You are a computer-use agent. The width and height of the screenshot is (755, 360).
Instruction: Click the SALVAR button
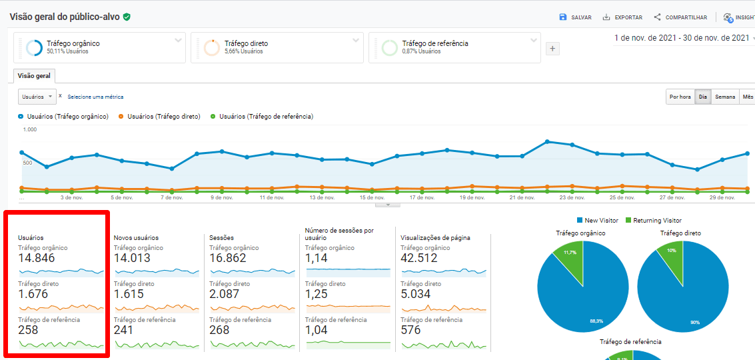tap(575, 17)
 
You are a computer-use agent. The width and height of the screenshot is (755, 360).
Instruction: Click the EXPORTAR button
tap(622, 17)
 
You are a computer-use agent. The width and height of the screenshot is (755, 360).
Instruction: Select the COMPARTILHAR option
tap(680, 17)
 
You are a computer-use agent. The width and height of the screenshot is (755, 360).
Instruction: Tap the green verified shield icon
tap(127, 17)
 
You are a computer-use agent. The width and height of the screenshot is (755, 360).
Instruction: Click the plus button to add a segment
tap(552, 49)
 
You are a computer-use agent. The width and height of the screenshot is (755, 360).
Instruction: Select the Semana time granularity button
tap(725, 97)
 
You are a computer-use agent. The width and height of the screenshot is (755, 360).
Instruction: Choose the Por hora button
tap(680, 97)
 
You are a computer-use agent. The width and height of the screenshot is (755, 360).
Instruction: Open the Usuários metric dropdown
tap(37, 97)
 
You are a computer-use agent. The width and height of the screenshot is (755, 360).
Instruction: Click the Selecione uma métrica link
tap(95, 97)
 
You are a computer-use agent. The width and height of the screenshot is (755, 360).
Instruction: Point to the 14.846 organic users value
tap(37, 259)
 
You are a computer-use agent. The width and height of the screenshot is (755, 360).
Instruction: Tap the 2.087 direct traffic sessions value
tap(228, 295)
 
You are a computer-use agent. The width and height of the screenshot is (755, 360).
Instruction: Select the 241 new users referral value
tap(123, 330)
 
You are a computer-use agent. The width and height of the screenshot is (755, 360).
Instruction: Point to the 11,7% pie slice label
tap(570, 253)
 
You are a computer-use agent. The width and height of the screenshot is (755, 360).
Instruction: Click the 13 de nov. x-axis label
tap(323, 197)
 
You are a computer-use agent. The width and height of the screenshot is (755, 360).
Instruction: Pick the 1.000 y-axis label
tap(30, 130)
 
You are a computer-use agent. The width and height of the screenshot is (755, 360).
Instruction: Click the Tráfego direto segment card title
tap(246, 43)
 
